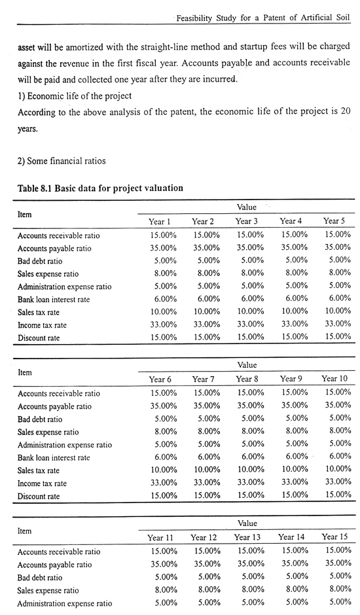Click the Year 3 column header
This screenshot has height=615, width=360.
pos(247,221)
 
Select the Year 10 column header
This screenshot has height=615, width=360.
pos(334,379)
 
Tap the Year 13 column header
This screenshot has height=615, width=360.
pos(247,537)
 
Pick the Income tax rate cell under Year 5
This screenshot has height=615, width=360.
pos(338,324)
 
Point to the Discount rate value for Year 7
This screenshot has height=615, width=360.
pos(207,495)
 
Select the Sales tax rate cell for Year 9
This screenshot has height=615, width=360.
pos(295,469)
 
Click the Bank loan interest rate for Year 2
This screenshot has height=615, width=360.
pos(208,299)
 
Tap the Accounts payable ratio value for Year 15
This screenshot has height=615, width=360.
pos(338,563)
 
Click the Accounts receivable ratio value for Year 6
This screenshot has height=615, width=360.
pos(164,393)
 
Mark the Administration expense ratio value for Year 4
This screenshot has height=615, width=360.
pos(297,285)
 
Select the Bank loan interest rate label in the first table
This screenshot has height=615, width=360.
pos(54,300)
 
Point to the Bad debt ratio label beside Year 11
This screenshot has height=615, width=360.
pos(40,578)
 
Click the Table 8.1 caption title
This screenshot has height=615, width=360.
pos(101,188)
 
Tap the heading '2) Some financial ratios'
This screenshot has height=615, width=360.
pos(62,161)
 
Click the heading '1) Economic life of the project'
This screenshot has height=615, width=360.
pos(75,96)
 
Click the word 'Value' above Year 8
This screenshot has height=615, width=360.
pos(247,365)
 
